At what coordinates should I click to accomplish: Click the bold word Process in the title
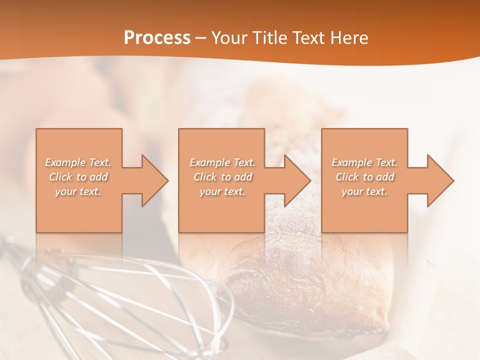tap(157, 38)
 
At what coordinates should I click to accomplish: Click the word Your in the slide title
tap(230, 38)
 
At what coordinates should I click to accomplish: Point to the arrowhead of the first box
tap(153, 180)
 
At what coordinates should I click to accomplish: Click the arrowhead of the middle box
tap(295, 180)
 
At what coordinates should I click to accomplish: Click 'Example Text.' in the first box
tap(78, 162)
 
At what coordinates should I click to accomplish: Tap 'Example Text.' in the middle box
tap(222, 162)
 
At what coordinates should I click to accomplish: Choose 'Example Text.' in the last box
tap(364, 162)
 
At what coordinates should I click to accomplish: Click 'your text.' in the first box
tap(78, 191)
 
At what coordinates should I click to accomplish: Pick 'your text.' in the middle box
tap(222, 191)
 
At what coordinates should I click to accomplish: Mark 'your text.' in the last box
tap(364, 191)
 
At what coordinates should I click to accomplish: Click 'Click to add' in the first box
tap(78, 177)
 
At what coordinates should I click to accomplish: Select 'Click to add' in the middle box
tap(222, 177)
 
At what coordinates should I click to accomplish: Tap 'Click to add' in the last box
tap(364, 177)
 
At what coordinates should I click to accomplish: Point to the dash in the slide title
tap(200, 38)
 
